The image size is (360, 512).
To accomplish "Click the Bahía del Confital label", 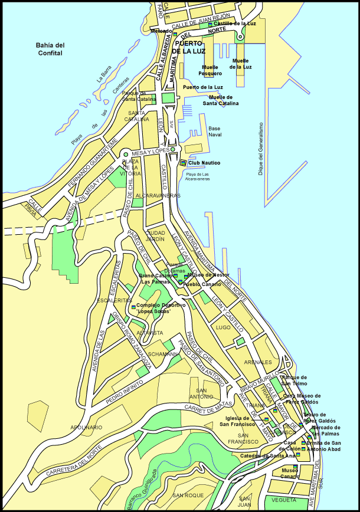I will pos(50,49).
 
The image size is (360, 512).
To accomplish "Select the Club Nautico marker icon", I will pos(184,163).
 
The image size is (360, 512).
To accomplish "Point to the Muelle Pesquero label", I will pos(210,71).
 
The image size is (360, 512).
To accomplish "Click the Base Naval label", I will pos(214,132).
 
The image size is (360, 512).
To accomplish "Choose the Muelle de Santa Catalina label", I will pos(221,100).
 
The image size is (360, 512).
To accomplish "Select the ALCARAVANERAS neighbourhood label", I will pos(158,195).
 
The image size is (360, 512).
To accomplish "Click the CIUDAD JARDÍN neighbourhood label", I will pos(155,236).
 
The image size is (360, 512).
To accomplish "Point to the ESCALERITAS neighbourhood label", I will pos(114,300).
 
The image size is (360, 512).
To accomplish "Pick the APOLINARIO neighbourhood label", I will pos(86,427).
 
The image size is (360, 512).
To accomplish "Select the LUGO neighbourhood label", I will pos(223,327).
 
